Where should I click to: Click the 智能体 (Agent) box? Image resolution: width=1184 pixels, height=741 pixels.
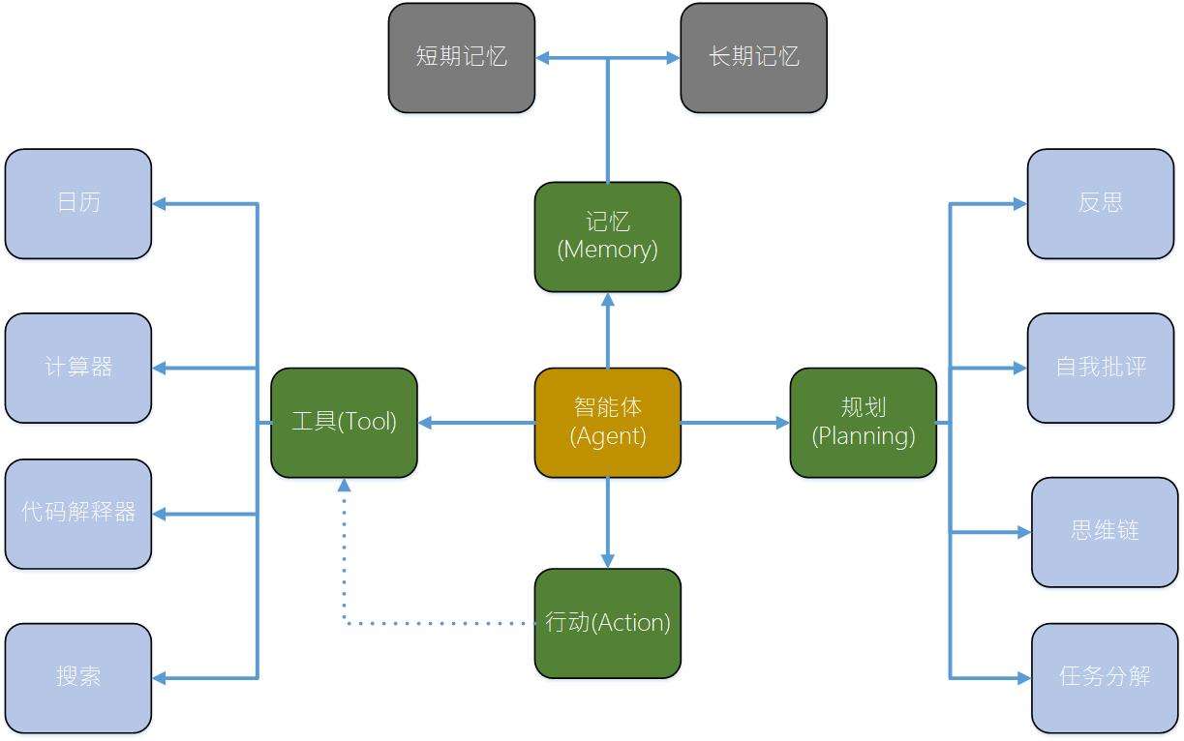coord(607,423)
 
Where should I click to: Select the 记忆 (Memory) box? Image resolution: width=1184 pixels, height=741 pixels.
coord(607,237)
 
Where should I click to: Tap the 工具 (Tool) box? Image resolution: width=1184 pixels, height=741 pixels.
coord(344,423)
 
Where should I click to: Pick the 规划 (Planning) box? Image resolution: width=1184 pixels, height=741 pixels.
coord(863,423)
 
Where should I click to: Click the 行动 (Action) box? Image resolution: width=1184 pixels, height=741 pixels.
coord(607,623)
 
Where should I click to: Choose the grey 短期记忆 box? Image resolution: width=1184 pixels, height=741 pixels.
coord(461,58)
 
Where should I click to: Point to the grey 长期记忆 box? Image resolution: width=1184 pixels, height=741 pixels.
coord(753,58)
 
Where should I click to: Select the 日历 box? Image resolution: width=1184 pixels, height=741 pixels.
coord(78,203)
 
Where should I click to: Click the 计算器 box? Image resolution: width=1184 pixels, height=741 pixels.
coord(78,368)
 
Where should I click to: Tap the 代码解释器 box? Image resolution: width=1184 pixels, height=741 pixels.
coord(78,514)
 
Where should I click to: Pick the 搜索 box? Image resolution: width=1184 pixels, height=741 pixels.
coord(78,677)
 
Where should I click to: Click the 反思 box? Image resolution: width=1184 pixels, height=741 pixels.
coord(1100,203)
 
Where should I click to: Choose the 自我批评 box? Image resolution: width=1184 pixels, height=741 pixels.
coord(1100,368)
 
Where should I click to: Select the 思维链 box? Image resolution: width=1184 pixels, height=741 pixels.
coord(1104,532)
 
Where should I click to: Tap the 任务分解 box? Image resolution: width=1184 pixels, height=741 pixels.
coord(1104,677)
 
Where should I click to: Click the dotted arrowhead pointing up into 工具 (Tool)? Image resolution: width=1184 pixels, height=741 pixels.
coord(344,486)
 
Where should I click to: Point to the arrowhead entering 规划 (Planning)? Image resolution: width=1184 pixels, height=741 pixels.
coord(782,423)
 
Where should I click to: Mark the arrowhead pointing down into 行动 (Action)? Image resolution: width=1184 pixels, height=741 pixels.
coord(607,560)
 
